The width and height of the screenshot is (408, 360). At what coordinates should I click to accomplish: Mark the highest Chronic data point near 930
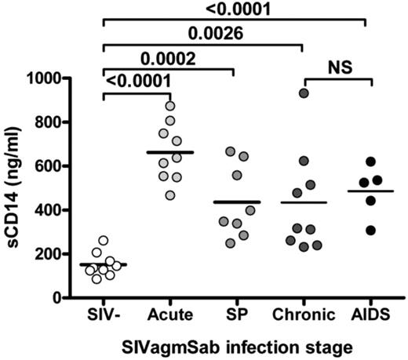pyautogui.click(x=304, y=93)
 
